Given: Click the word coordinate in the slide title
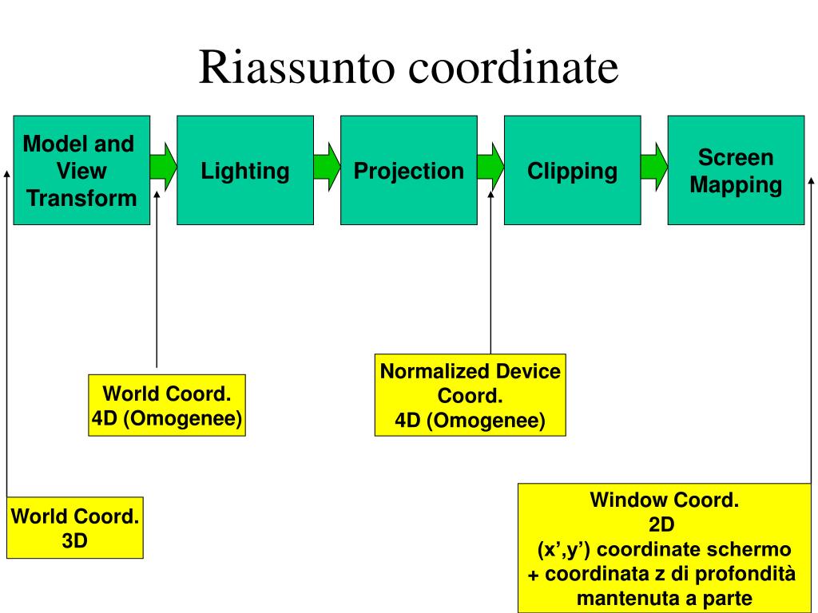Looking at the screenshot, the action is pos(514,66).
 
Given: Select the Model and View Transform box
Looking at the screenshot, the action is pos(81,171).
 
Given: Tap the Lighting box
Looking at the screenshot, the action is pos(245,171).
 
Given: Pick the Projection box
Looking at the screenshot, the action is pos(409,171).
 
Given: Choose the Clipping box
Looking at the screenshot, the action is pos(572,171).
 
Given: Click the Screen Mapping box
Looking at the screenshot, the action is pos(736,171).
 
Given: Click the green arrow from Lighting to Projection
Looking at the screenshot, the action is pos(327,167).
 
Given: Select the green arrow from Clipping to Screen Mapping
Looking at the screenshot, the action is pos(654,167).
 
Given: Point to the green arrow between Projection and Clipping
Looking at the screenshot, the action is pos(491,167).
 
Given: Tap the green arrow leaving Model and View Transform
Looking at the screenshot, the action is pos(163,167).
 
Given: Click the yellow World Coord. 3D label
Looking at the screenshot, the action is pos(75,528).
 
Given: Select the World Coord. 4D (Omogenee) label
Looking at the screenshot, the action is pos(167,405).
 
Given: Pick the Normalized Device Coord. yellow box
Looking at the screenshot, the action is pos(470,395).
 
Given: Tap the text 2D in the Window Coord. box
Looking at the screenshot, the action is pos(661,524).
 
